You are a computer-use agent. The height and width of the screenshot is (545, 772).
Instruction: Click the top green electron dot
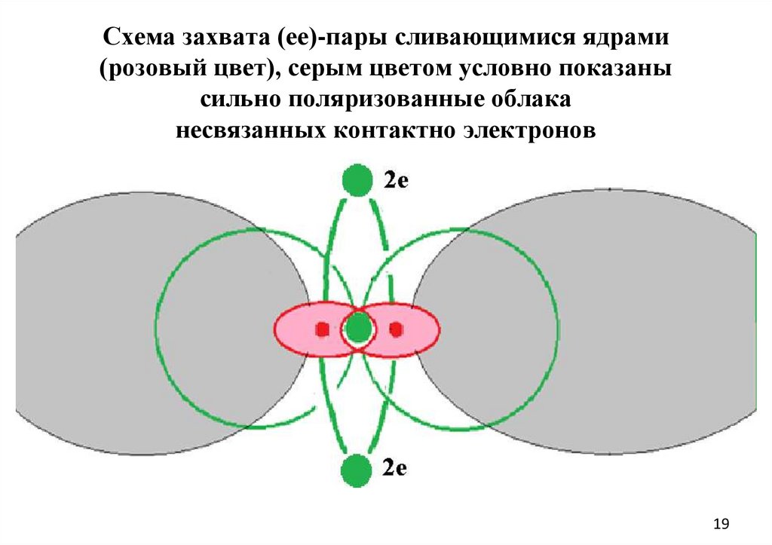(357, 180)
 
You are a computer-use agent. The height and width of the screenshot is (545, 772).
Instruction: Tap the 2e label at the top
(396, 181)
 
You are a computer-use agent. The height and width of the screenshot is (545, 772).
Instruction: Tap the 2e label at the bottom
(395, 468)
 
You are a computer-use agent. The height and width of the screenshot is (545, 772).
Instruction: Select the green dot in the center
(358, 328)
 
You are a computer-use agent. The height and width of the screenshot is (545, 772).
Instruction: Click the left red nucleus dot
(321, 329)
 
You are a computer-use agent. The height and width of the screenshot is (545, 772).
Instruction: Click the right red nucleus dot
(395, 329)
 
